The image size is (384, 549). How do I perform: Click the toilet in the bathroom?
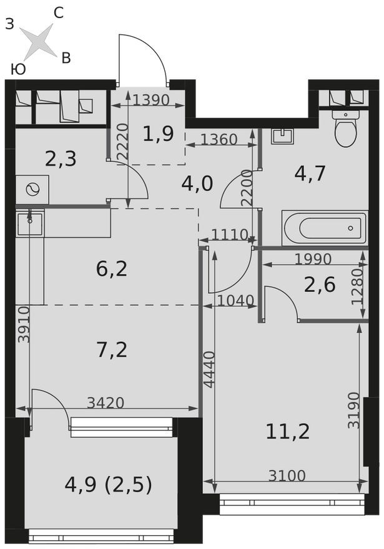[345, 129]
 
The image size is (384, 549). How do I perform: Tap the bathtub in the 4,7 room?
[324, 228]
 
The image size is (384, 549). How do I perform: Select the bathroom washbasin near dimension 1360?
[283, 137]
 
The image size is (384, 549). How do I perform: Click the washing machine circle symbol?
[32, 189]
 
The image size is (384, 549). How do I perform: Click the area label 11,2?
[288, 430]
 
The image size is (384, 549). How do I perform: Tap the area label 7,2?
[112, 349]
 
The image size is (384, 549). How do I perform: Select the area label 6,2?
[112, 269]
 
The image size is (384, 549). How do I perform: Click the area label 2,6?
[320, 284]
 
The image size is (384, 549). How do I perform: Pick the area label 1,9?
[157, 133]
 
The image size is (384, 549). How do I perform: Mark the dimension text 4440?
[209, 369]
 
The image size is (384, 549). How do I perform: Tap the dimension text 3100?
[287, 477]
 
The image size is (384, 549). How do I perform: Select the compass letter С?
[58, 12]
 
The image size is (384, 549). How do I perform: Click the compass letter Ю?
[18, 69]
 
